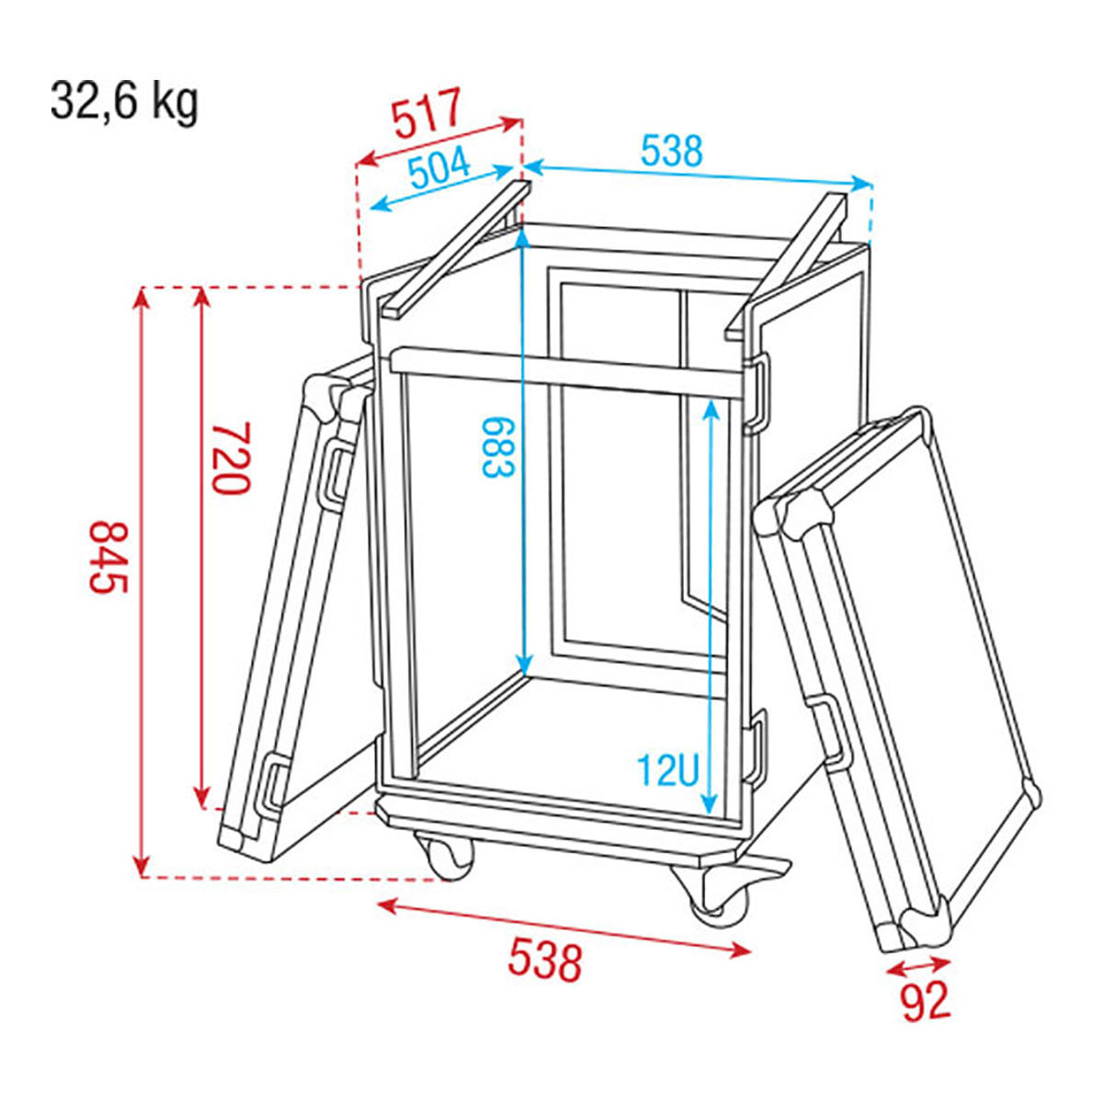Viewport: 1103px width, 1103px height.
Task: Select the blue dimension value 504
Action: (440, 170)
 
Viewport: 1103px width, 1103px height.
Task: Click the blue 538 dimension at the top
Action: (671, 151)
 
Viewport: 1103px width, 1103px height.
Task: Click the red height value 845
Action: (108, 557)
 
